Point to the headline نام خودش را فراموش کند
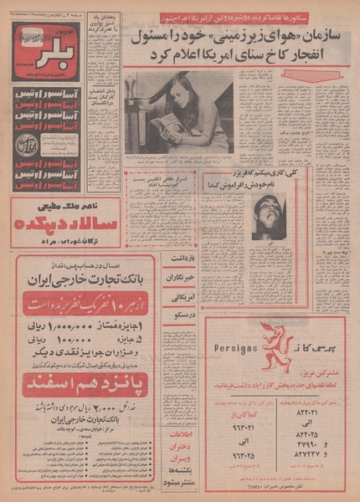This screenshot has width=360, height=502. click(x=260, y=182)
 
